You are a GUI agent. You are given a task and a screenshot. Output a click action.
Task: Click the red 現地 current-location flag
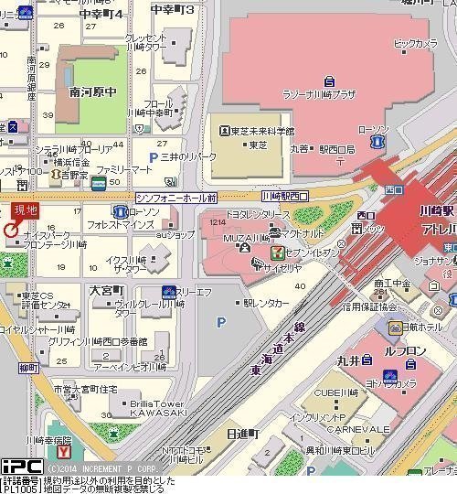(25, 210)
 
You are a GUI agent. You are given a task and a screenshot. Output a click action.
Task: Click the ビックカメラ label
(416, 43)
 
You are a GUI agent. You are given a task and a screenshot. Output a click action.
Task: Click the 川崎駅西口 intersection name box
(284, 197)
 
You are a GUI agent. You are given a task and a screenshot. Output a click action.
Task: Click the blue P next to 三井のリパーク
(140, 157)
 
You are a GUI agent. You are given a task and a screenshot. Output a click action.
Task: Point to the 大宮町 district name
(107, 289)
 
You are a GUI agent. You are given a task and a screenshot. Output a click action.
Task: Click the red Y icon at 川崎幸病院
(63, 451)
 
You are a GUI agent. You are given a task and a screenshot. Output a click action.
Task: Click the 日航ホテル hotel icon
(394, 327)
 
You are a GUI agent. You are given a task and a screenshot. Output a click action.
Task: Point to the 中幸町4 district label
(101, 15)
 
